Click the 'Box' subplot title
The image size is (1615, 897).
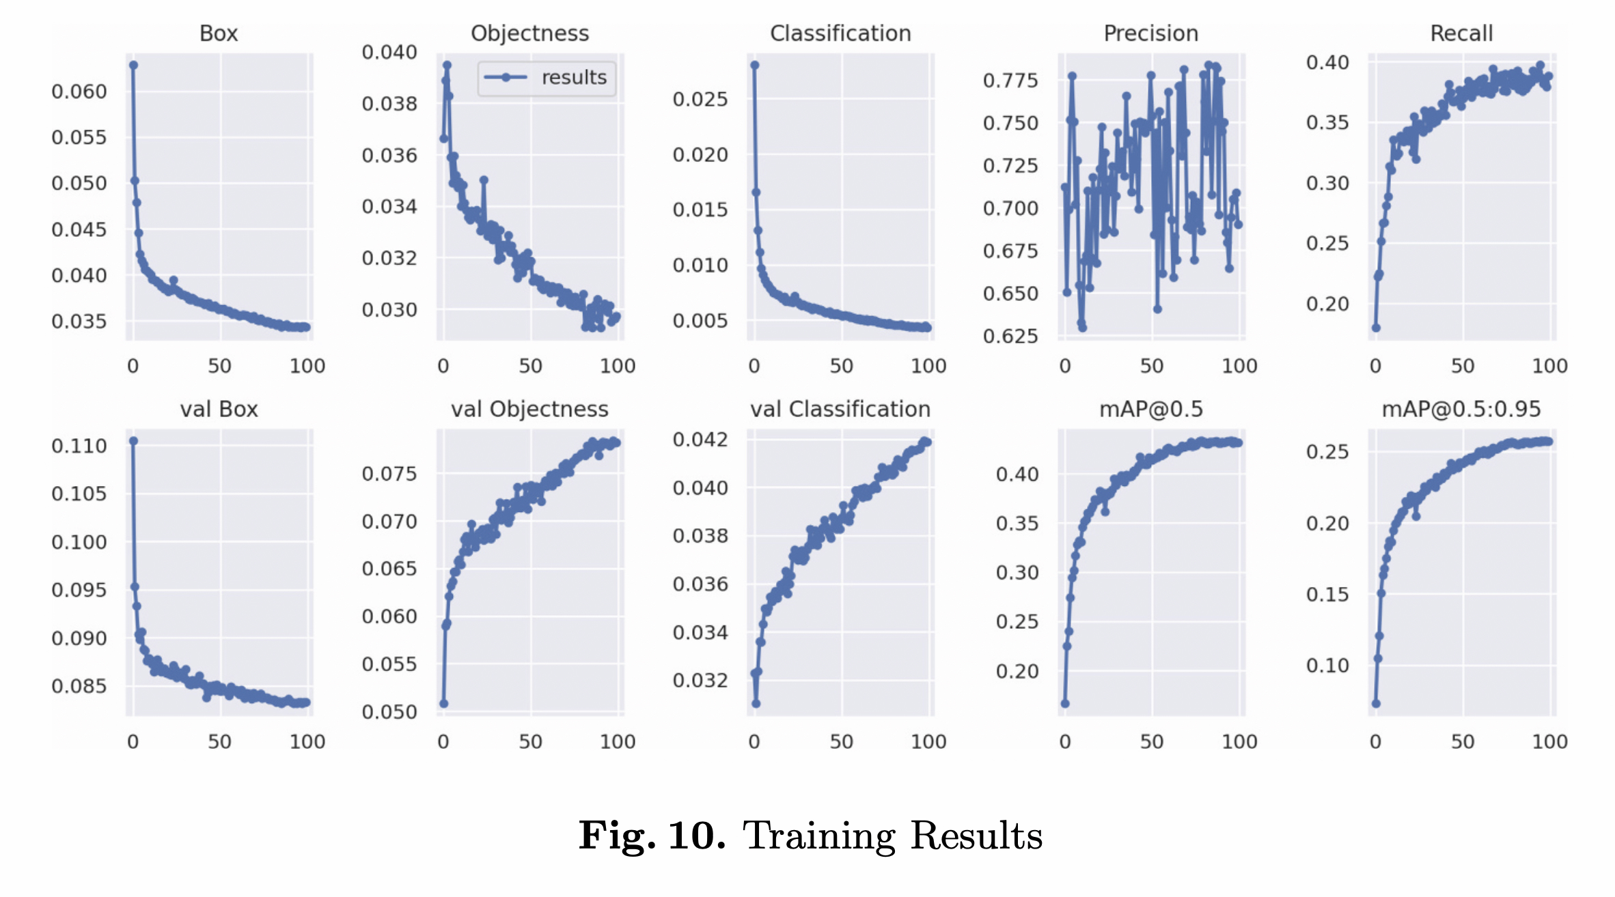tap(219, 33)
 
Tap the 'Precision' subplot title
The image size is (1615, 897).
tap(1151, 33)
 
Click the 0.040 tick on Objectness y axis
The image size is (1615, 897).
tap(389, 53)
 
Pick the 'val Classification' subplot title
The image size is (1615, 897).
tap(840, 409)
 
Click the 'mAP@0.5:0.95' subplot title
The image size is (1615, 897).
tap(1461, 409)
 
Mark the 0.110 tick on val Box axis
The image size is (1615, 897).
tap(79, 446)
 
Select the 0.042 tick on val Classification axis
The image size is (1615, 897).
tap(700, 440)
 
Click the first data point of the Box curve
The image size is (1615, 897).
tap(134, 66)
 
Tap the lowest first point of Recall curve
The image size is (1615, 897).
tap(1376, 328)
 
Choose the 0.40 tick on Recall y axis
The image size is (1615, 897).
tap(1327, 63)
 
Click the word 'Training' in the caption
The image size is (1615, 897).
tap(818, 836)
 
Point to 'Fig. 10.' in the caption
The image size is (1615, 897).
tap(651, 836)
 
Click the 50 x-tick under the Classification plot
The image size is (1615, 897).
tap(841, 367)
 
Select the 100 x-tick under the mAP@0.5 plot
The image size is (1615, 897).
tap(1239, 742)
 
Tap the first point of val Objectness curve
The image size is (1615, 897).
tap(444, 703)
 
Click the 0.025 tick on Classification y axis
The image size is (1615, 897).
tap(700, 100)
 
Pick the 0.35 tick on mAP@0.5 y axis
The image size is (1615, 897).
tap(1017, 524)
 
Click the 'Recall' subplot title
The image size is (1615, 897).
tap(1461, 33)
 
